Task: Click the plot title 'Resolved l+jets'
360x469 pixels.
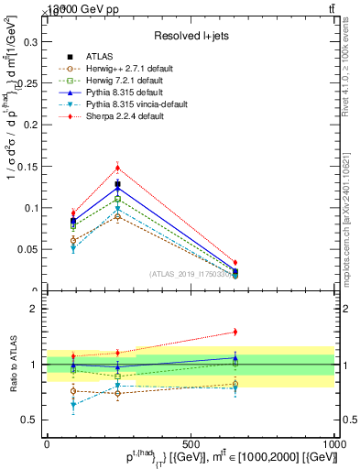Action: [190, 36]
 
